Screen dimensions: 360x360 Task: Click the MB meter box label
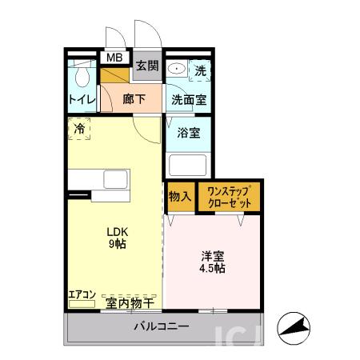pos(115,57)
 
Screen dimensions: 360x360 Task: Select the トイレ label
pos(82,99)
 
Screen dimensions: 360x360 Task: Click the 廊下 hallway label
pos(134,99)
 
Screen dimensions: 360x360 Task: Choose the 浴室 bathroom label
pos(189,134)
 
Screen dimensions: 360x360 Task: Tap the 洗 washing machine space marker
pos(201,70)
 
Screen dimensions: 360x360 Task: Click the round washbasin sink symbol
pos(177,70)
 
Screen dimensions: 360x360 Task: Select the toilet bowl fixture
pos(81,76)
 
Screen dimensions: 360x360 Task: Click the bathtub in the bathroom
pos(187,166)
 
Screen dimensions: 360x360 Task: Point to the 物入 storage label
pos(180,196)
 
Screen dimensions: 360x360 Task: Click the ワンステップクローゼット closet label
pos(229,197)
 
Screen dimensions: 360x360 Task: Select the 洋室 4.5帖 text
pos(212,262)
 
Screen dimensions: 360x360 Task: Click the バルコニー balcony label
pos(161,326)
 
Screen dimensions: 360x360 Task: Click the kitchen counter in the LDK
pos(107,180)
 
